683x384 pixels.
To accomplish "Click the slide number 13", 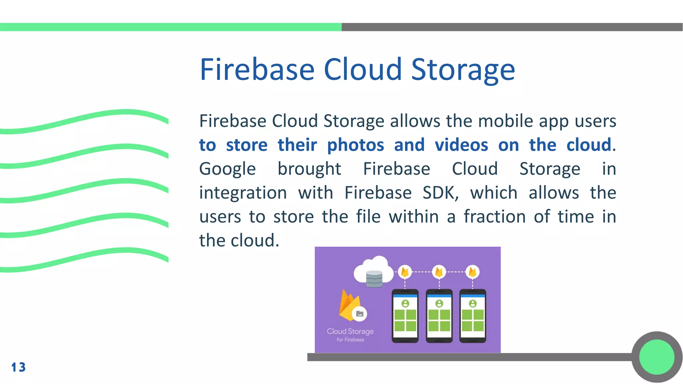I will coord(18,367).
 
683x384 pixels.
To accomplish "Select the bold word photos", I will coord(356,145).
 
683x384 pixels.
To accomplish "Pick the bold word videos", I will coord(461,145).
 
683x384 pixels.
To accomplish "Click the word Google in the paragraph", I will coord(227,169).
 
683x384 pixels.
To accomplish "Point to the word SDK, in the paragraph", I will coord(441,193).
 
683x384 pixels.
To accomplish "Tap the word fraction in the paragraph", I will coord(495,217).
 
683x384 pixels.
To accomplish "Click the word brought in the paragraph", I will coord(309,169).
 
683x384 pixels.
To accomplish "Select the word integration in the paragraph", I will coord(243,193).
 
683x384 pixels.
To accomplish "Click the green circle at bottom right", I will coord(657,357).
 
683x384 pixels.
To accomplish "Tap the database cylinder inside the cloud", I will coord(374,279).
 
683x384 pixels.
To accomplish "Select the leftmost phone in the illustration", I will coord(405,316).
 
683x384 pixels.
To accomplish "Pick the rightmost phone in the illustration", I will coord(473,316).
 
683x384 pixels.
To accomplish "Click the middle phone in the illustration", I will coord(439,316).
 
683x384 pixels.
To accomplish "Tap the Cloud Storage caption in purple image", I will coord(350,332).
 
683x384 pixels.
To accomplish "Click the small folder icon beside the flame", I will coord(360,314).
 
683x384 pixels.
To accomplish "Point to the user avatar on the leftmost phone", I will coord(405,303).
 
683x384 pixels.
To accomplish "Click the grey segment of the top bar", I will coord(512,27).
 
